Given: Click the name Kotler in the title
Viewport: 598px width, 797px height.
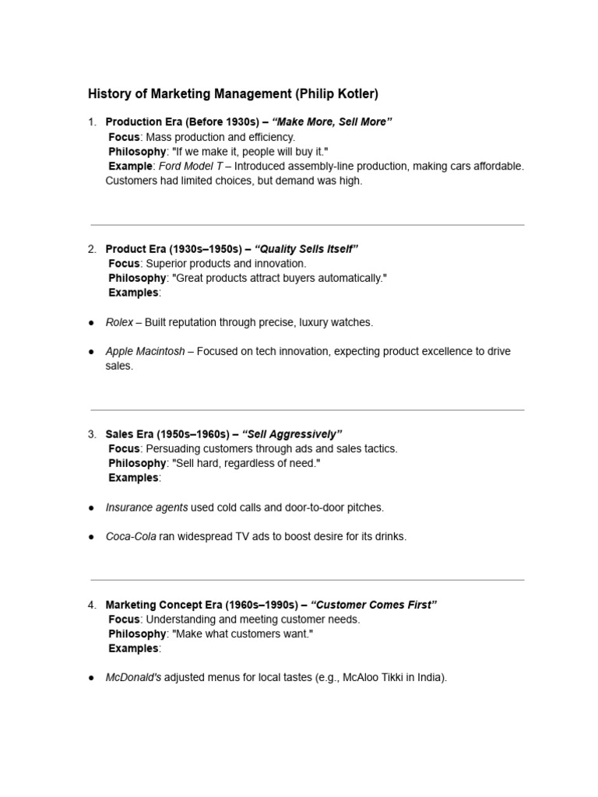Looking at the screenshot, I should pos(336,94).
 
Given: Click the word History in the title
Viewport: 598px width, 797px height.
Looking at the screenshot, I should pos(111,94).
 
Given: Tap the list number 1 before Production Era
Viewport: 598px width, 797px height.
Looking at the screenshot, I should pos(91,122).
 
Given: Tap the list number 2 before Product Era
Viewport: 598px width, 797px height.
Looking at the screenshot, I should pos(91,249).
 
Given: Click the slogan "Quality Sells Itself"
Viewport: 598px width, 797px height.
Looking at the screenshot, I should pos(306,249).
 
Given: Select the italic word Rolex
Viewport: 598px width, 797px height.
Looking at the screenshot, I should pos(119,322).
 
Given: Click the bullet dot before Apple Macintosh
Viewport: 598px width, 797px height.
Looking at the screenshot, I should pos(92,352).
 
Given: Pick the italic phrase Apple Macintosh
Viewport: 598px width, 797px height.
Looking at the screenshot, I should pos(145,352).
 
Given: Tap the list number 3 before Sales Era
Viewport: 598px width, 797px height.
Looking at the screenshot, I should pos(91,434).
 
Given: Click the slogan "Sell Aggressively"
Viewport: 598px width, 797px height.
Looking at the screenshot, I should pos(292,434).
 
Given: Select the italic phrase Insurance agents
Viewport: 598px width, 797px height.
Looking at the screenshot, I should pos(146,507).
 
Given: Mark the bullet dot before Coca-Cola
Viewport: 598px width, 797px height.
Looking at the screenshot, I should pos(92,537).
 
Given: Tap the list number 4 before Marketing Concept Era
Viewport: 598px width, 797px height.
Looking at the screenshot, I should pos(91,605).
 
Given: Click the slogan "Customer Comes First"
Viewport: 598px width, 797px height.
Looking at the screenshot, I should pos(374,605).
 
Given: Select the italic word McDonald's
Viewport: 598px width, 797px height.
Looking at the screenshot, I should pos(133,678).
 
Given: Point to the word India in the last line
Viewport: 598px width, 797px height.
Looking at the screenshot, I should pos(431,678).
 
